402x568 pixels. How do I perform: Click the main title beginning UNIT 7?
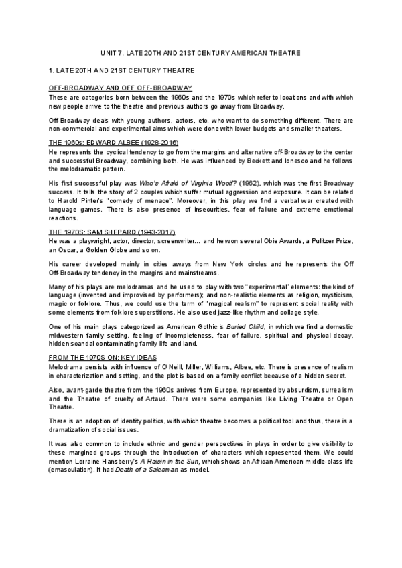coord(200,52)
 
